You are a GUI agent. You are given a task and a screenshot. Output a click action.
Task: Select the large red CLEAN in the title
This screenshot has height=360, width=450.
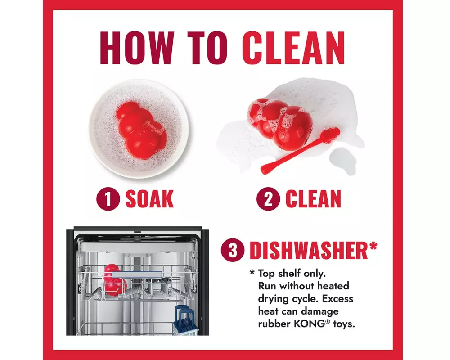293,48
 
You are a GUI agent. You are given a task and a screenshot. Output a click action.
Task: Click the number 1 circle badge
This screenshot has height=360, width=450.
108,198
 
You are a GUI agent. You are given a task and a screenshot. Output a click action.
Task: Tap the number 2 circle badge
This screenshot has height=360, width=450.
268,198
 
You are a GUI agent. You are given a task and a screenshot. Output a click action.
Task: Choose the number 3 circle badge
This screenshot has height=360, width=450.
233,250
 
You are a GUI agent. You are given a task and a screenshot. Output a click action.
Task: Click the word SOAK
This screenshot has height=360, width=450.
149,198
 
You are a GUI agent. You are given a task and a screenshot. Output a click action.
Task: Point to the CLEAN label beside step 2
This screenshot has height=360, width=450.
313,198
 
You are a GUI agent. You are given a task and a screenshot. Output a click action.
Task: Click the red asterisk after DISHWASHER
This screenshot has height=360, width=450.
373,247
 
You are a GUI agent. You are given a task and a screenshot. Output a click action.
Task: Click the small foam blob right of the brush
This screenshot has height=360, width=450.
342,161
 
